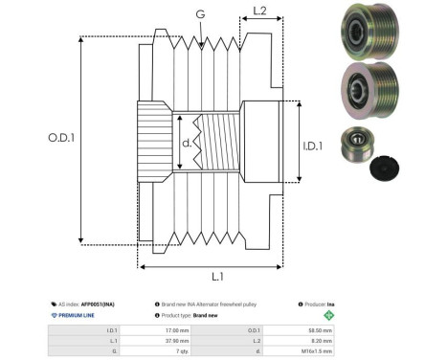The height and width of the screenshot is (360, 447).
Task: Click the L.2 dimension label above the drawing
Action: [258, 11]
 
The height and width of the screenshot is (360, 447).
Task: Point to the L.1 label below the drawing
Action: [216, 276]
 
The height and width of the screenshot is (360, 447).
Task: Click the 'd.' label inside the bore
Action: [187, 145]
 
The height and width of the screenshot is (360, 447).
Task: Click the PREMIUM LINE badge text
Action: [79, 314]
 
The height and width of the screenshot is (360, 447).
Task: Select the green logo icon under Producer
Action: [329, 314]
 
